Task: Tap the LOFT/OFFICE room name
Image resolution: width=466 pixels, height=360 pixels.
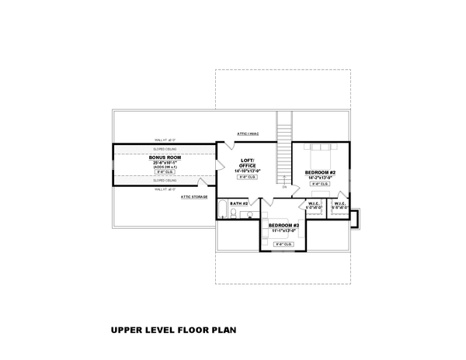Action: [248, 162]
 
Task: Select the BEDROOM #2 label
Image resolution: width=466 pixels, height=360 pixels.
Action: [319, 171]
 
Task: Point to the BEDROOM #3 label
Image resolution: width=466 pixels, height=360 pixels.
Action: [283, 224]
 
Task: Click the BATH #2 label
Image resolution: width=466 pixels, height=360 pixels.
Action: [238, 203]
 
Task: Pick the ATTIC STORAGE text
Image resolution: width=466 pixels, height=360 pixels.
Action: [195, 197]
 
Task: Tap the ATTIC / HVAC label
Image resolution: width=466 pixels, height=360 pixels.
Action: [249, 133]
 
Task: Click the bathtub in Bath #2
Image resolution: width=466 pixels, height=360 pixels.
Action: [223, 209]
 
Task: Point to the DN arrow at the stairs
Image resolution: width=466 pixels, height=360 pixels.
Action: [284, 187]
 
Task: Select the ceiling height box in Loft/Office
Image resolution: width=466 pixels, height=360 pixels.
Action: [248, 178]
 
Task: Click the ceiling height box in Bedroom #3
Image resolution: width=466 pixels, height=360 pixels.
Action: [283, 244]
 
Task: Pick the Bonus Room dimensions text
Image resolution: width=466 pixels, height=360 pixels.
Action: [164, 162]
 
